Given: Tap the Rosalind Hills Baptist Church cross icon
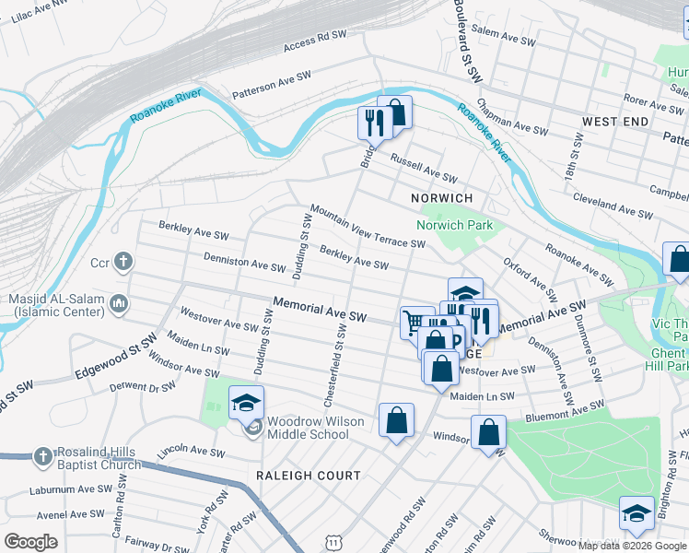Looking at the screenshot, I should click(x=42, y=456).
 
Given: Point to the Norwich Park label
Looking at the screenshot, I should click(x=454, y=225).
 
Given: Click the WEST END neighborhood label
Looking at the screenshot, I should click(x=614, y=122).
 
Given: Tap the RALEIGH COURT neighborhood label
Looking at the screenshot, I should click(x=309, y=476).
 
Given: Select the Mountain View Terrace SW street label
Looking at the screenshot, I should click(x=367, y=227).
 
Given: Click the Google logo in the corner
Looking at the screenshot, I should click(x=30, y=542).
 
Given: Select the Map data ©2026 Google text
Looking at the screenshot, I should click(x=632, y=546).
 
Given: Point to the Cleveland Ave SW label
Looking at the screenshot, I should click(x=612, y=206).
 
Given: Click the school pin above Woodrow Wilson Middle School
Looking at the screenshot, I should click(x=247, y=402).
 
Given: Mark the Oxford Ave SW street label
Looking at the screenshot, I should click(x=530, y=279).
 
